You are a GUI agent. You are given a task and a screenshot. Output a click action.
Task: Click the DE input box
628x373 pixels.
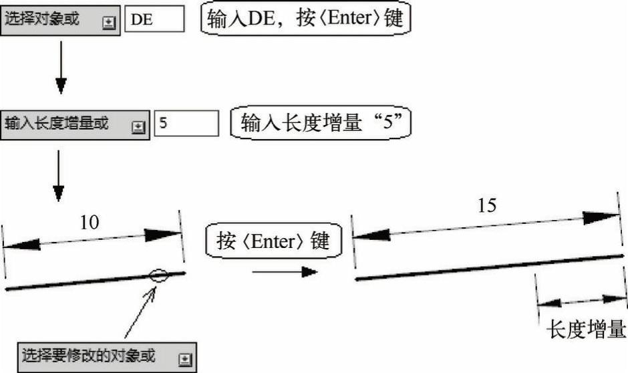154,19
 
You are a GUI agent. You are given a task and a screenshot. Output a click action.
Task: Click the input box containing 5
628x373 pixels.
186,124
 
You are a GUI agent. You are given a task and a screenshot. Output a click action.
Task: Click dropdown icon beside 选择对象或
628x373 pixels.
109,22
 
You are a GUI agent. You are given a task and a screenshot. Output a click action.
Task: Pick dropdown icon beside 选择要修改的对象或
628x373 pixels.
185,359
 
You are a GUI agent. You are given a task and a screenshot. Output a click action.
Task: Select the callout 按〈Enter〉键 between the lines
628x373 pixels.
273,241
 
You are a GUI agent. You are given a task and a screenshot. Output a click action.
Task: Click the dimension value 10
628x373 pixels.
90,223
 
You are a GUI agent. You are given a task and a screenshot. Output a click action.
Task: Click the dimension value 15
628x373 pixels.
488,205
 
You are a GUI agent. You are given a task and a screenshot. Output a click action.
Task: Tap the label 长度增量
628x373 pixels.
586,330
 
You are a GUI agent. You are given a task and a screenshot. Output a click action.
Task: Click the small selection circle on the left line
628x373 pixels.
159,274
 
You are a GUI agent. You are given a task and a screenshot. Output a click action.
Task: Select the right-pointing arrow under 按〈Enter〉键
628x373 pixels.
284,271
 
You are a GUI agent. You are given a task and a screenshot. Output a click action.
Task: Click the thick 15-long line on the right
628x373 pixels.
488,267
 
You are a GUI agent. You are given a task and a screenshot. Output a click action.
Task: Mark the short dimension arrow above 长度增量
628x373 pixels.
580,301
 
